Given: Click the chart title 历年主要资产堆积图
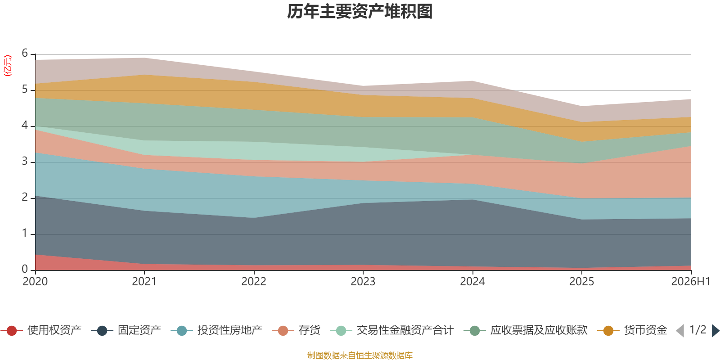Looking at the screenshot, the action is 360,12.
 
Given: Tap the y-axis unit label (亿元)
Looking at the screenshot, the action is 7,66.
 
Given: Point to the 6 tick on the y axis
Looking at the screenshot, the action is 25,53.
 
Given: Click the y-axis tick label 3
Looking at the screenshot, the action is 25,161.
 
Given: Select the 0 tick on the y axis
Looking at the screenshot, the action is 25,269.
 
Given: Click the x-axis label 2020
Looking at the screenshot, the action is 35,282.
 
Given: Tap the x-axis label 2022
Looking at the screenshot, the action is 254,282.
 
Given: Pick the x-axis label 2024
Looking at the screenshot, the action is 472,282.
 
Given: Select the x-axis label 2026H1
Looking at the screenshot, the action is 691,282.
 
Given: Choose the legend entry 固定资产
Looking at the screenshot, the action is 126,330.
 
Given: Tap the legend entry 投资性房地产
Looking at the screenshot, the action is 216,330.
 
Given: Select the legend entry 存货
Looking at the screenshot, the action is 296,330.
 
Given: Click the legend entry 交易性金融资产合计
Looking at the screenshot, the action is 392,330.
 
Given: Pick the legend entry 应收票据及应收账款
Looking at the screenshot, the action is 526,330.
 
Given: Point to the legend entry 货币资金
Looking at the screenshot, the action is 632,330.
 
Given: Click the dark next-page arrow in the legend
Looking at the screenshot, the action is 715,330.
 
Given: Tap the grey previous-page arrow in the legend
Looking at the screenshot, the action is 680,330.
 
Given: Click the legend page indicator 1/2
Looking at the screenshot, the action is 698,330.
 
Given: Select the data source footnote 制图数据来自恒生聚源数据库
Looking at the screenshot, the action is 360,355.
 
